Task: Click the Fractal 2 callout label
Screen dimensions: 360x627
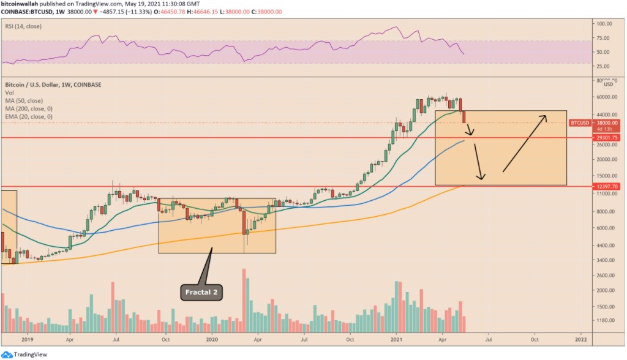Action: [x=201, y=293]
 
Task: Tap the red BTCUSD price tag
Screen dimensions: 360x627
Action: [x=580, y=122]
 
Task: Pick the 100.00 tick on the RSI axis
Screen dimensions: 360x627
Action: [x=604, y=24]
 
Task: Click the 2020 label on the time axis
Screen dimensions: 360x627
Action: [x=212, y=338]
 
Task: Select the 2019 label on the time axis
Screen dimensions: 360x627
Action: [x=26, y=338]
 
